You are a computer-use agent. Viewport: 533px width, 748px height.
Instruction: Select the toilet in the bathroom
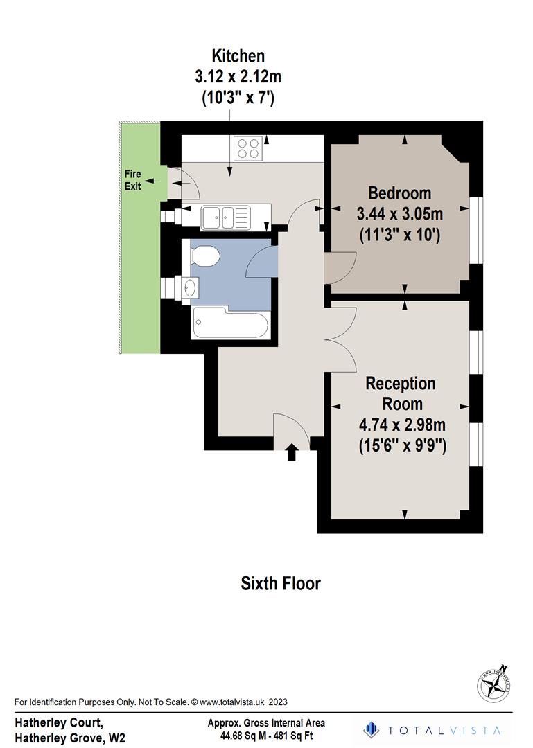coord(204,257)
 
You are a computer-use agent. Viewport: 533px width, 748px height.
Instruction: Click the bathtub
coord(230,324)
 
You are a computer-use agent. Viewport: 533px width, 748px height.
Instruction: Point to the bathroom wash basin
coord(189,286)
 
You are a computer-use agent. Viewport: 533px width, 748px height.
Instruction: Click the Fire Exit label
coord(132,179)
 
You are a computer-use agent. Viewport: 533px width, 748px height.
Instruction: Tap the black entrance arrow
coord(292,453)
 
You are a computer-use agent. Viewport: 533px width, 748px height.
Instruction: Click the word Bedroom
coord(399,193)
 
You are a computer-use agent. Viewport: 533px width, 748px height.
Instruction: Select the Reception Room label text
coord(401,393)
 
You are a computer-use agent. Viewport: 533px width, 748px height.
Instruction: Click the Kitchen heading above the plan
coord(238,56)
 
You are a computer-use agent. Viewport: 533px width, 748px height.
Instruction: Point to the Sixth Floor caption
coord(281,583)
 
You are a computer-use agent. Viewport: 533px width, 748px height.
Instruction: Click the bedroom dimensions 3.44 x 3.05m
coord(400,213)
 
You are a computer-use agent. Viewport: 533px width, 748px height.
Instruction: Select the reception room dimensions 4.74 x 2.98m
coord(401,425)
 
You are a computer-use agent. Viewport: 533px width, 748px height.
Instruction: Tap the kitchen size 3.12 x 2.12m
coord(238,77)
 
